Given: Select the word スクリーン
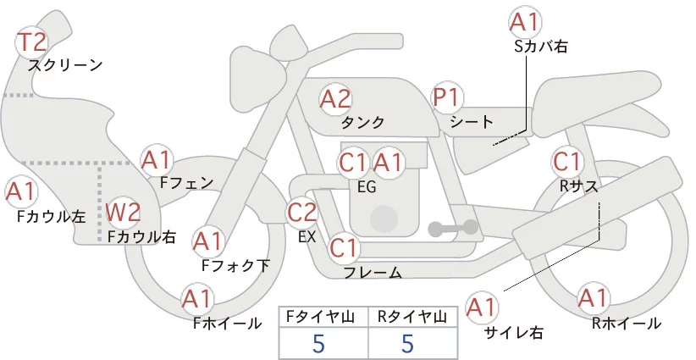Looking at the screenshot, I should (x=65, y=64).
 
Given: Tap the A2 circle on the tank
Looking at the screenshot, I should (x=334, y=99).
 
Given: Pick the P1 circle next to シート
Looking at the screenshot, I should (x=448, y=99).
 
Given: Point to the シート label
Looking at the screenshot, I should (x=472, y=122).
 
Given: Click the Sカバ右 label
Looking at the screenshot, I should (x=540, y=47).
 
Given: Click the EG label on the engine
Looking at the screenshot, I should (x=367, y=186).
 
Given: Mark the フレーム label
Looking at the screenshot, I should (x=373, y=273).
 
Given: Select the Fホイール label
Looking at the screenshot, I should (x=228, y=323).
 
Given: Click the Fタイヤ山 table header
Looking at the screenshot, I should (x=323, y=318).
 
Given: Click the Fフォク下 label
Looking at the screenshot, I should (x=235, y=266).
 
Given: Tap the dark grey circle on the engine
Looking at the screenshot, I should (x=384, y=219).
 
